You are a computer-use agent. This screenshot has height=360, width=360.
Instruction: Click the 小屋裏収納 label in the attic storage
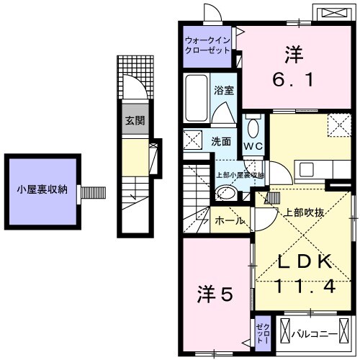[x=42, y=190]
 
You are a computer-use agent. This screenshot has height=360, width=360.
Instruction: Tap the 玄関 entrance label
[x=133, y=120]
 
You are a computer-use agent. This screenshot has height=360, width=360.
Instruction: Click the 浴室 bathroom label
[x=223, y=91]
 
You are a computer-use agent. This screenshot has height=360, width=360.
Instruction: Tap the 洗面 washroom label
[x=221, y=141]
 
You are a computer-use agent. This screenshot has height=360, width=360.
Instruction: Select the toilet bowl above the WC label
[x=253, y=128]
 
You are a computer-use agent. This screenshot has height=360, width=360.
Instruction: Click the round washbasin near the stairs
[x=225, y=191]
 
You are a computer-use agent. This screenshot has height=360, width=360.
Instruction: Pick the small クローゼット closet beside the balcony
[x=261, y=333]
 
